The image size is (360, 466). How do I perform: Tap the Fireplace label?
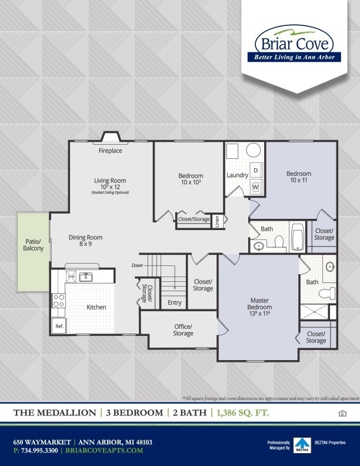[x=110, y=151]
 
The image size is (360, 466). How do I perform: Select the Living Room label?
[x=110, y=181]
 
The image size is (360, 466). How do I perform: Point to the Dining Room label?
[x=85, y=238]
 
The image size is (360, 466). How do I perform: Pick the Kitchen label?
[x=96, y=307]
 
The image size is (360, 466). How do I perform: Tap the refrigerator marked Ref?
[x=59, y=326]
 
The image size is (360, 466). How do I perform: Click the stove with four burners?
[x=59, y=301]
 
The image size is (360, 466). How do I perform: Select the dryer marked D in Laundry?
[x=255, y=170]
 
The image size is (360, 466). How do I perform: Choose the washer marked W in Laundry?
[x=255, y=187]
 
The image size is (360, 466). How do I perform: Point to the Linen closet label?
[x=216, y=222]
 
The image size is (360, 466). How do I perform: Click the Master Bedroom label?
[x=259, y=304]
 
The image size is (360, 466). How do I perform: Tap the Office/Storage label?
[x=183, y=330]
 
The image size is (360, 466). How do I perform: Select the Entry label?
[x=175, y=303]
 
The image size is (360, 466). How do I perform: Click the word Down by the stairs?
[x=137, y=265]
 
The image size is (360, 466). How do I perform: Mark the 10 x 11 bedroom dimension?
[x=298, y=180]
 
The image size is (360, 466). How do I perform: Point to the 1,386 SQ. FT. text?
[x=243, y=413]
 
